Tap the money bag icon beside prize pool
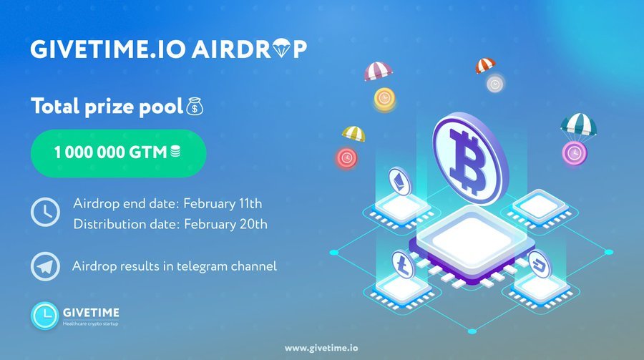pyautogui.click(x=195, y=107)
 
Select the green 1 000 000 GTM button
pyautogui.click(x=118, y=153)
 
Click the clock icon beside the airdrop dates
pyautogui.click(x=45, y=212)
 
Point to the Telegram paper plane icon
pyautogui.click(x=45, y=266)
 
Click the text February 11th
pyautogui.click(x=223, y=203)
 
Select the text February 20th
pyautogui.click(x=225, y=225)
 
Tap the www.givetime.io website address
pyautogui.click(x=321, y=348)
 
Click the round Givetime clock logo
pyautogui.click(x=44, y=316)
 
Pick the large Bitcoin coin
pyautogui.click(x=470, y=159)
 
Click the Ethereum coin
pyautogui.click(x=399, y=182)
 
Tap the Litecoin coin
pyautogui.click(x=403, y=264)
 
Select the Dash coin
pyautogui.click(x=540, y=264)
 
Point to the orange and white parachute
pyautogui.click(x=485, y=65)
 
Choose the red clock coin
pyautogui.click(x=347, y=158)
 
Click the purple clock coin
pyautogui.click(x=574, y=153)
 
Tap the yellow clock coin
pyautogui.click(x=384, y=99)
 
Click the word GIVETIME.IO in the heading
pyautogui.click(x=108, y=49)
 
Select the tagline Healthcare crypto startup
pyautogui.click(x=90, y=323)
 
